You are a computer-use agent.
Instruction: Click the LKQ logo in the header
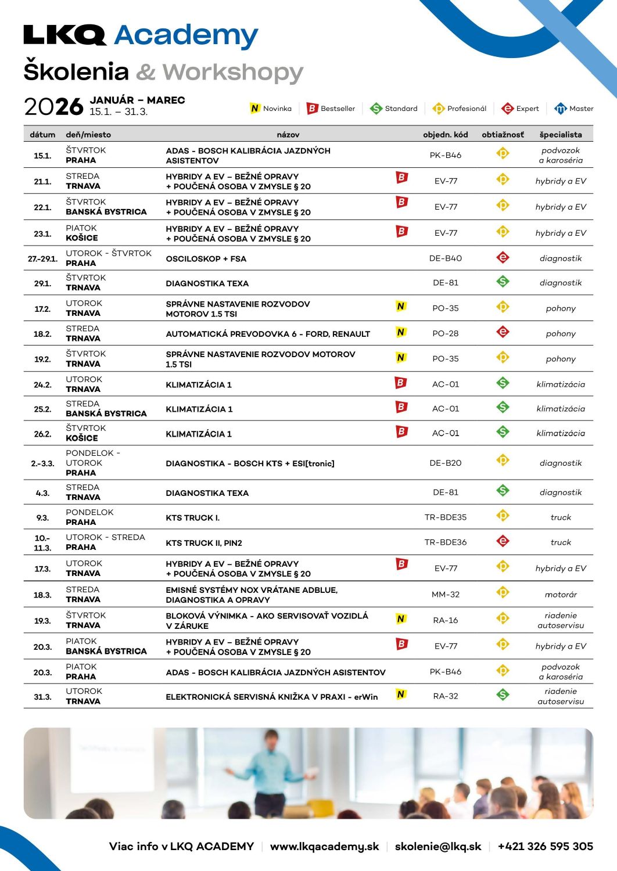tap(64, 35)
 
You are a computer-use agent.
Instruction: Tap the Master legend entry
tap(574, 109)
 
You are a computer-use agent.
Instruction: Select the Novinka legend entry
tap(271, 109)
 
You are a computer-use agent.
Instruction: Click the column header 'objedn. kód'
tap(445, 135)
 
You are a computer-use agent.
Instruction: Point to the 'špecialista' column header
tap(560, 135)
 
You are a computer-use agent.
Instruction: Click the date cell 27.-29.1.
tap(42, 258)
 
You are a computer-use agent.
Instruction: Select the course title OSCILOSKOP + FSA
tap(206, 259)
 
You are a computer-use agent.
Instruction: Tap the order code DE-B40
tap(445, 258)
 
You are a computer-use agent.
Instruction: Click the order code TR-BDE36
tap(445, 542)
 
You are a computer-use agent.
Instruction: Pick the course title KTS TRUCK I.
tap(192, 518)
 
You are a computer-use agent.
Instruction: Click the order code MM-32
tap(445, 595)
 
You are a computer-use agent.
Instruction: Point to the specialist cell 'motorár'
tap(560, 595)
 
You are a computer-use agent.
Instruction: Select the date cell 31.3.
tap(42, 697)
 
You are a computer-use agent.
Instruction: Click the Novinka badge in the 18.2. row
tap(400, 333)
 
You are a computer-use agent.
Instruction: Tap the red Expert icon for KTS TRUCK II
tap(503, 541)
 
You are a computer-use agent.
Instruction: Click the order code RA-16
tap(445, 620)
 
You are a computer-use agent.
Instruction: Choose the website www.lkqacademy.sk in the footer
tap(324, 847)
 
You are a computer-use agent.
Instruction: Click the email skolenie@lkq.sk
tap(437, 847)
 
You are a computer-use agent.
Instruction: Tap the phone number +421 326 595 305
tap(545, 847)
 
